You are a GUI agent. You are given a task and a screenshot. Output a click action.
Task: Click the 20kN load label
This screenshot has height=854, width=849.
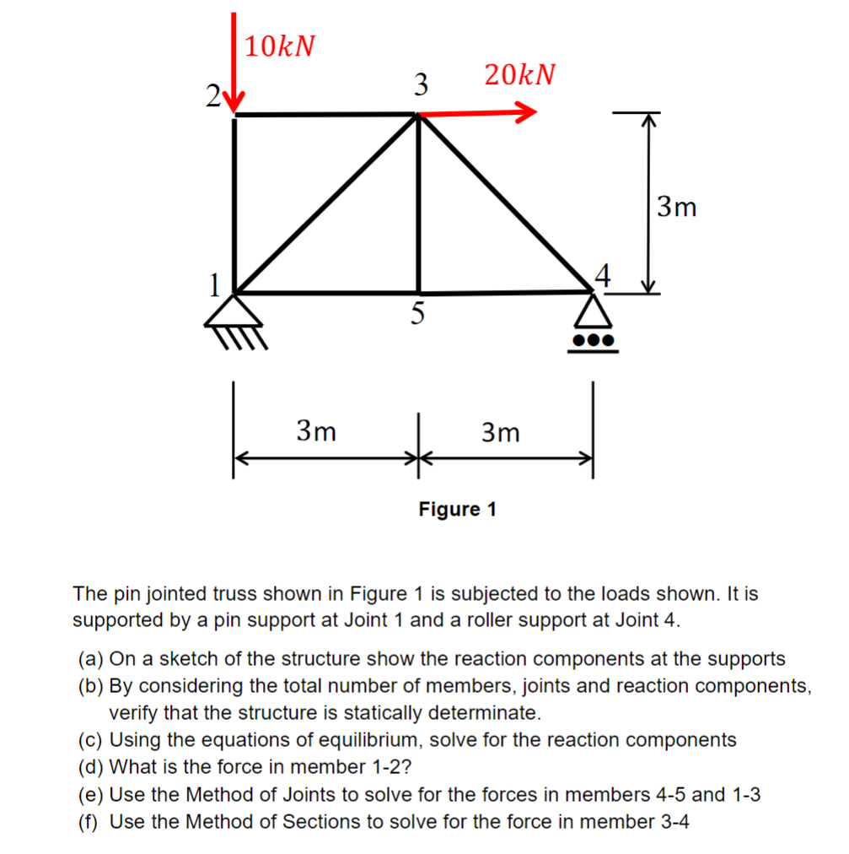pyautogui.click(x=520, y=75)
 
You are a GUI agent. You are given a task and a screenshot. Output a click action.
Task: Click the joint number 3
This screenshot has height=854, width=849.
pyautogui.click(x=421, y=84)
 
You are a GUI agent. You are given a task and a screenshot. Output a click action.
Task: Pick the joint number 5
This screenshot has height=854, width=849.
pyautogui.click(x=418, y=315)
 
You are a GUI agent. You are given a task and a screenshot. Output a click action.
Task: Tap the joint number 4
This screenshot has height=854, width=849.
pyautogui.click(x=600, y=275)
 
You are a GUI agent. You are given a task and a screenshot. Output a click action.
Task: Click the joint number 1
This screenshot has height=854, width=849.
pyautogui.click(x=216, y=284)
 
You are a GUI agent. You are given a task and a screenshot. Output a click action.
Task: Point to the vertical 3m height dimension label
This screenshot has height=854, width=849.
pyautogui.click(x=677, y=206)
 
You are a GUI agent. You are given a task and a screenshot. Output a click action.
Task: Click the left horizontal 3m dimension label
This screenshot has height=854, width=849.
pyautogui.click(x=316, y=432)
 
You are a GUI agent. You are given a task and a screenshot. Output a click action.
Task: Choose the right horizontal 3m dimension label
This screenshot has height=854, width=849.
pyautogui.click(x=501, y=433)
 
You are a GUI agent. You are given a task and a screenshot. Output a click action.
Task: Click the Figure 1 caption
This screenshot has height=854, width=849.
pyautogui.click(x=457, y=510)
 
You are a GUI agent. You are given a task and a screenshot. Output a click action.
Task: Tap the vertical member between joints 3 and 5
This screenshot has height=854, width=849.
pyautogui.click(x=419, y=203)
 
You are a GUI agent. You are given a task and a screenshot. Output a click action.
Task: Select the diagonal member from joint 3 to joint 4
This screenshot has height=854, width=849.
pyautogui.click(x=506, y=203)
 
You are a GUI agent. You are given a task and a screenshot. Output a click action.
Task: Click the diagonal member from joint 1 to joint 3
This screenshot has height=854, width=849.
pyautogui.click(x=326, y=203)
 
